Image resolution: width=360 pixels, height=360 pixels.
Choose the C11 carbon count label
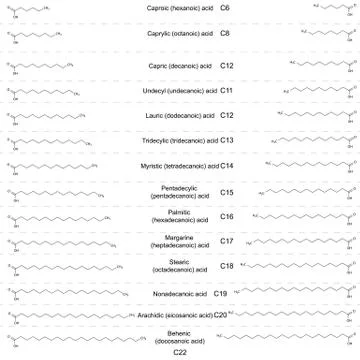(x=226, y=91)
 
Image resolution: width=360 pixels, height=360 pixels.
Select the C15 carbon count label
(x=227, y=192)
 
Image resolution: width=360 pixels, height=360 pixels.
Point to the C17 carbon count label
(x=227, y=241)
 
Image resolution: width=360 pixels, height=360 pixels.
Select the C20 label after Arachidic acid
(x=220, y=315)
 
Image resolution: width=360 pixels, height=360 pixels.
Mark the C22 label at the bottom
(x=180, y=352)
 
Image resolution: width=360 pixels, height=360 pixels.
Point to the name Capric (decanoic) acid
(x=178, y=66)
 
